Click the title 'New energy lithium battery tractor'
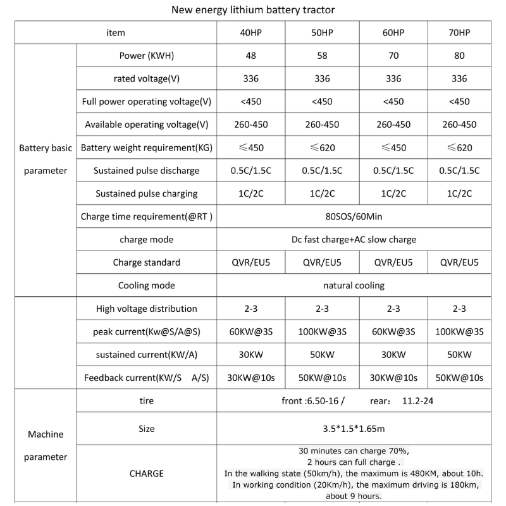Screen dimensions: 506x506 click(253, 10)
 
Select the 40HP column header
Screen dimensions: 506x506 click(250, 33)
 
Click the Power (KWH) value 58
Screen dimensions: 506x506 click(322, 56)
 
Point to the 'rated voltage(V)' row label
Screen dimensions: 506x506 click(146, 79)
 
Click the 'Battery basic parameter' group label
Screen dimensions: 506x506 click(46, 159)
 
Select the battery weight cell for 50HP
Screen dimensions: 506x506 click(322, 148)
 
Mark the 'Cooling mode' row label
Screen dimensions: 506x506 click(146, 285)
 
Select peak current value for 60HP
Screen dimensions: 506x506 click(393, 332)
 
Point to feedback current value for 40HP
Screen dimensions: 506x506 click(250, 378)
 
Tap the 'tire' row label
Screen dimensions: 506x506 click(146, 401)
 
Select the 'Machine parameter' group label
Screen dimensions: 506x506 click(46, 445)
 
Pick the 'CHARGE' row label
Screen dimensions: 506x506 click(146, 473)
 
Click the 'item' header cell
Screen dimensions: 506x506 click(116, 33)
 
